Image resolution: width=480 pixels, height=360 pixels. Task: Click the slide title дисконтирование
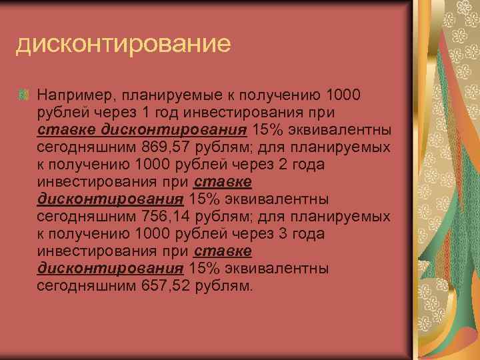click(x=123, y=44)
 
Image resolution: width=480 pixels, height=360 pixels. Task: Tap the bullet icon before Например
click(x=23, y=95)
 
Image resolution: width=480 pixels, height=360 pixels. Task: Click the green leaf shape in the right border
click(x=443, y=220)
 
